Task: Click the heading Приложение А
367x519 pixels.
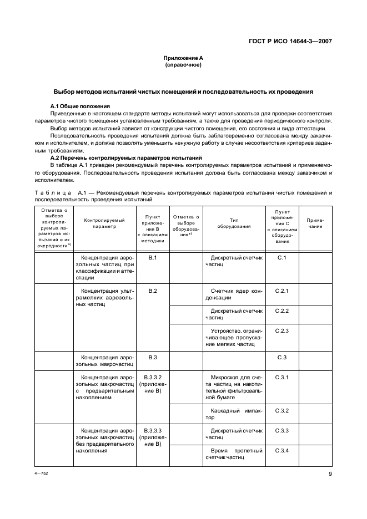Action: [x=183, y=58]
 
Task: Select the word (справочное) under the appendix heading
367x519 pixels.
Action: [x=183, y=65]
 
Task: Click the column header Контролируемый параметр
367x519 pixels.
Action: [x=101, y=223]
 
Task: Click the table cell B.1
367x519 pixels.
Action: [x=153, y=258]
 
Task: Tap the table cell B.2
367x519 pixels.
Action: [x=153, y=291]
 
